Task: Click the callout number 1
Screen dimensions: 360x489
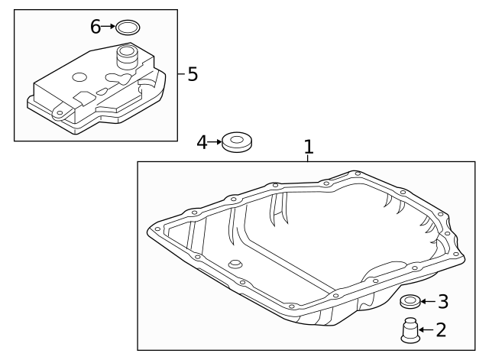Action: coord(309,145)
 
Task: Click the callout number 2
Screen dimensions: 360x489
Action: coord(441,330)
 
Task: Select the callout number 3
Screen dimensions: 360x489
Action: coord(442,302)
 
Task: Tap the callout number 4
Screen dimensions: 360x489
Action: coord(202,141)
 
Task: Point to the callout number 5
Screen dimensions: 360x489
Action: coord(192,74)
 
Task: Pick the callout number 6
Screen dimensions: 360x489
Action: coord(96,27)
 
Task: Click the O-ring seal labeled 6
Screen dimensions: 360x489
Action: coord(128,28)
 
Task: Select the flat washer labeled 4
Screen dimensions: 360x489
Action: coord(237,142)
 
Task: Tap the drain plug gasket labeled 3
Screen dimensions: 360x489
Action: coord(410,300)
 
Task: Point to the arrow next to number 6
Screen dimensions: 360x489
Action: coord(108,27)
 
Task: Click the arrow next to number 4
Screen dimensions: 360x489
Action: coord(215,141)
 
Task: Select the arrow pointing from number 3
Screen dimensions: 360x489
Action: coord(427,301)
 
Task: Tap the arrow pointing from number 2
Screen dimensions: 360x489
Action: coord(426,330)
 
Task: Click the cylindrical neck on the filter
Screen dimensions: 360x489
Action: coord(126,57)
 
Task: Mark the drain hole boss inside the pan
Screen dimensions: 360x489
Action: coord(235,264)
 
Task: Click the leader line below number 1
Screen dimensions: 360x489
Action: coord(309,157)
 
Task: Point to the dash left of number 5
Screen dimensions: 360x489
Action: coord(181,74)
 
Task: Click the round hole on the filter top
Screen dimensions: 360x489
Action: coord(79,77)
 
